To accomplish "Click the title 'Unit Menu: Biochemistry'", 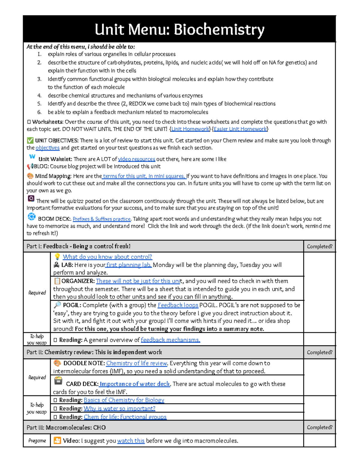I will [179, 29].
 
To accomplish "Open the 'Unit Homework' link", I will [190, 129].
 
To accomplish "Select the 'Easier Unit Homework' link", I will [240, 129].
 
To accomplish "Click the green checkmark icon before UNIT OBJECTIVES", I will [30, 140].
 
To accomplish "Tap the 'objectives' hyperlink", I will [47, 148].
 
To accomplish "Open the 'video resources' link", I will [136, 159].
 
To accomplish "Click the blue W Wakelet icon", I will [32, 157].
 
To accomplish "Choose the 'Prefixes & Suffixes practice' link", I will [101, 219].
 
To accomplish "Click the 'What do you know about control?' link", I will [107, 257].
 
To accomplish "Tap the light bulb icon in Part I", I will [57, 257].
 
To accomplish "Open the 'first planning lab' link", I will [129, 265].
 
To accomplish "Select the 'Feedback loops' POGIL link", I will [178, 305].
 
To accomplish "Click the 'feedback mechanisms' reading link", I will [170, 340].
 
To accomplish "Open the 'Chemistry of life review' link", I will [136, 363].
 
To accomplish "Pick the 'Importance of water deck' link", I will [135, 384].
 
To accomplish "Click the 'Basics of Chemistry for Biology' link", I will [124, 400].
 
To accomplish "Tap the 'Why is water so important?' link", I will [119, 408].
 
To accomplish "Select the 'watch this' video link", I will [131, 441].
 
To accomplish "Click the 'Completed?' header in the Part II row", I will [319, 352].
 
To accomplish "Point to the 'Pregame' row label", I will [37, 441].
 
